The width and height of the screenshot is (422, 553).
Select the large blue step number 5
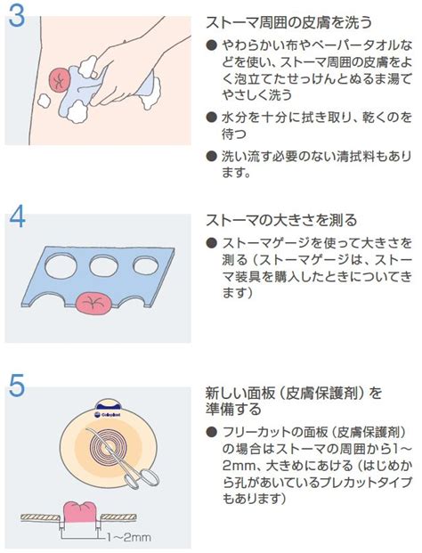tap(17, 385)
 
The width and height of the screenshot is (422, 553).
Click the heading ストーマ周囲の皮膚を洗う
tap(288, 23)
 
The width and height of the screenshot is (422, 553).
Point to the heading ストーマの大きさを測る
tap(281, 221)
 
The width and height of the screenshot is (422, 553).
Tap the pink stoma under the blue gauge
tap(93, 304)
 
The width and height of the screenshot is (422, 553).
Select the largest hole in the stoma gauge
tap(61, 266)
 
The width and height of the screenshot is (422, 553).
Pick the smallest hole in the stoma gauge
tap(146, 265)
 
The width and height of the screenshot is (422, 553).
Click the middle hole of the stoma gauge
tap(103, 265)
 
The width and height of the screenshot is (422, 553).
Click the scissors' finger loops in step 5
tap(144, 478)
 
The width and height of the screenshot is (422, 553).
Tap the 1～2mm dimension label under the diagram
tap(129, 537)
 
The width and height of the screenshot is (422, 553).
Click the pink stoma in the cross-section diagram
tap(79, 512)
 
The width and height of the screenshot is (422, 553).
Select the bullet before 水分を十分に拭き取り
tap(211, 117)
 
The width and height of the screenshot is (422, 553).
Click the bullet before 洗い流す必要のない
tap(211, 156)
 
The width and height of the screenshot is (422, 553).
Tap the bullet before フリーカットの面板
tap(211, 432)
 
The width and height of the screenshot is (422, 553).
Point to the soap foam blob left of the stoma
tap(44, 101)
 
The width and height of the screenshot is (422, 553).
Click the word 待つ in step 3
tap(234, 134)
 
